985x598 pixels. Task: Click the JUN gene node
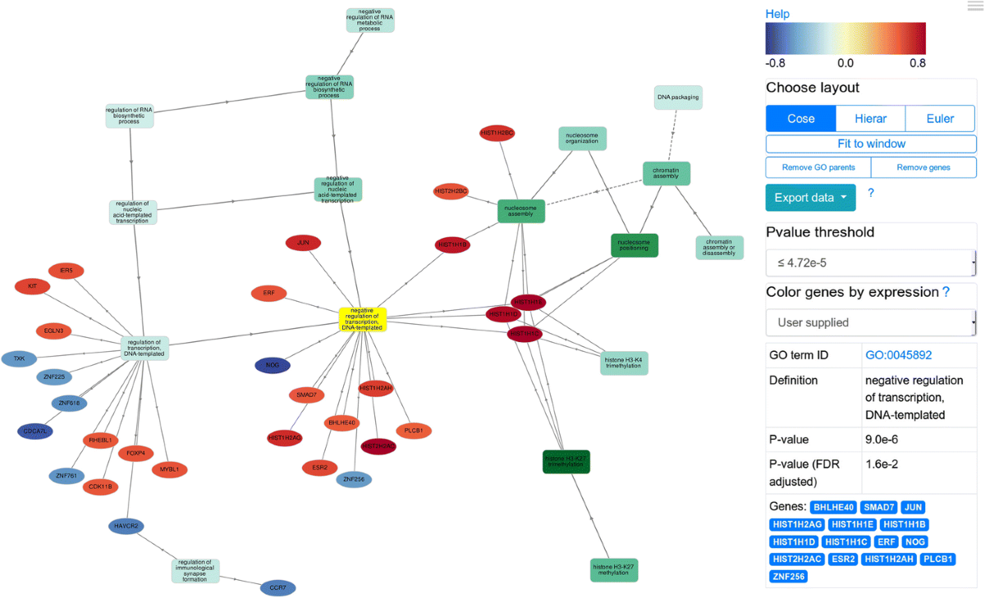pyautogui.click(x=303, y=243)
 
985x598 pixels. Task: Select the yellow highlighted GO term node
pyautogui.click(x=363, y=319)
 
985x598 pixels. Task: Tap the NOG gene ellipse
pyautogui.click(x=273, y=365)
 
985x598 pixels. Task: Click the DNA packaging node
pyautogui.click(x=678, y=98)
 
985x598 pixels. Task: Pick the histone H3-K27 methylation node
pyautogui.click(x=614, y=569)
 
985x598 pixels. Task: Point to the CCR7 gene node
pyautogui.click(x=277, y=587)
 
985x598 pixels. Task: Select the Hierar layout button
pyautogui.click(x=870, y=118)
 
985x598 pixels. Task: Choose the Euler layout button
pyautogui.click(x=940, y=118)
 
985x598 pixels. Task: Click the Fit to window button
pyautogui.click(x=871, y=144)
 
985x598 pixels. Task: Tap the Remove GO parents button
pyautogui.click(x=818, y=167)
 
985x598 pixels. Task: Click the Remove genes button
pyautogui.click(x=923, y=167)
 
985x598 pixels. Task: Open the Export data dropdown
pyautogui.click(x=810, y=197)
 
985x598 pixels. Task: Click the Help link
pyautogui.click(x=777, y=14)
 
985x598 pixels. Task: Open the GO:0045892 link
pyautogui.click(x=898, y=355)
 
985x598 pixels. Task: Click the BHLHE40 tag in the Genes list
pyautogui.click(x=833, y=507)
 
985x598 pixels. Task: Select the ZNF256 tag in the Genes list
pyautogui.click(x=788, y=576)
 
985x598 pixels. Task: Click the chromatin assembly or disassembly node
pyautogui.click(x=719, y=248)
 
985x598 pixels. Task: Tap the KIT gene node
pyautogui.click(x=32, y=286)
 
